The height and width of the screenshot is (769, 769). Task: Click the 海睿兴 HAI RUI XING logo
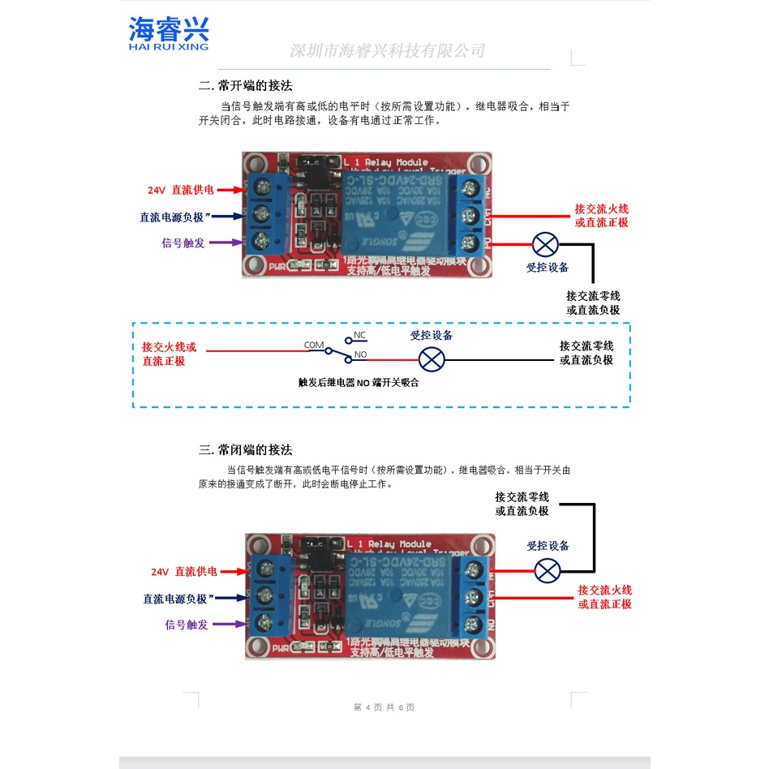(x=169, y=34)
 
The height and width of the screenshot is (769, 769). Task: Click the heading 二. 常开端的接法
(x=245, y=85)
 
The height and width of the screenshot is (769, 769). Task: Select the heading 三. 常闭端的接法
(x=245, y=450)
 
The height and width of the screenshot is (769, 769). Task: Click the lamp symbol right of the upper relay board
(x=544, y=244)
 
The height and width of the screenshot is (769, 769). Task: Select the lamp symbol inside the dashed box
(x=431, y=359)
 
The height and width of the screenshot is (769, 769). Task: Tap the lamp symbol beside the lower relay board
(x=548, y=570)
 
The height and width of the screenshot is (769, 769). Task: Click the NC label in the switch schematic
(x=359, y=335)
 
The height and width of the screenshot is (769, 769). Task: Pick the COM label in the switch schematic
(x=314, y=345)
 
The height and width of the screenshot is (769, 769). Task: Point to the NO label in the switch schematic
(x=361, y=354)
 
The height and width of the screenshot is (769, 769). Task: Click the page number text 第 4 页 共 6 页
(x=384, y=707)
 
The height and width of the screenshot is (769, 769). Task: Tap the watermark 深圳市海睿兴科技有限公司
(x=387, y=51)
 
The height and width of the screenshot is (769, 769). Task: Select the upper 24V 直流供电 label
(x=181, y=190)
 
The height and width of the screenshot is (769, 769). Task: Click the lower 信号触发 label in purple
(x=187, y=625)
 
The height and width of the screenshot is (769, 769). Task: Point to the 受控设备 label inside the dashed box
(x=431, y=335)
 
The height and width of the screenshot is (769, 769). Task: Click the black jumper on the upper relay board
(x=313, y=165)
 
